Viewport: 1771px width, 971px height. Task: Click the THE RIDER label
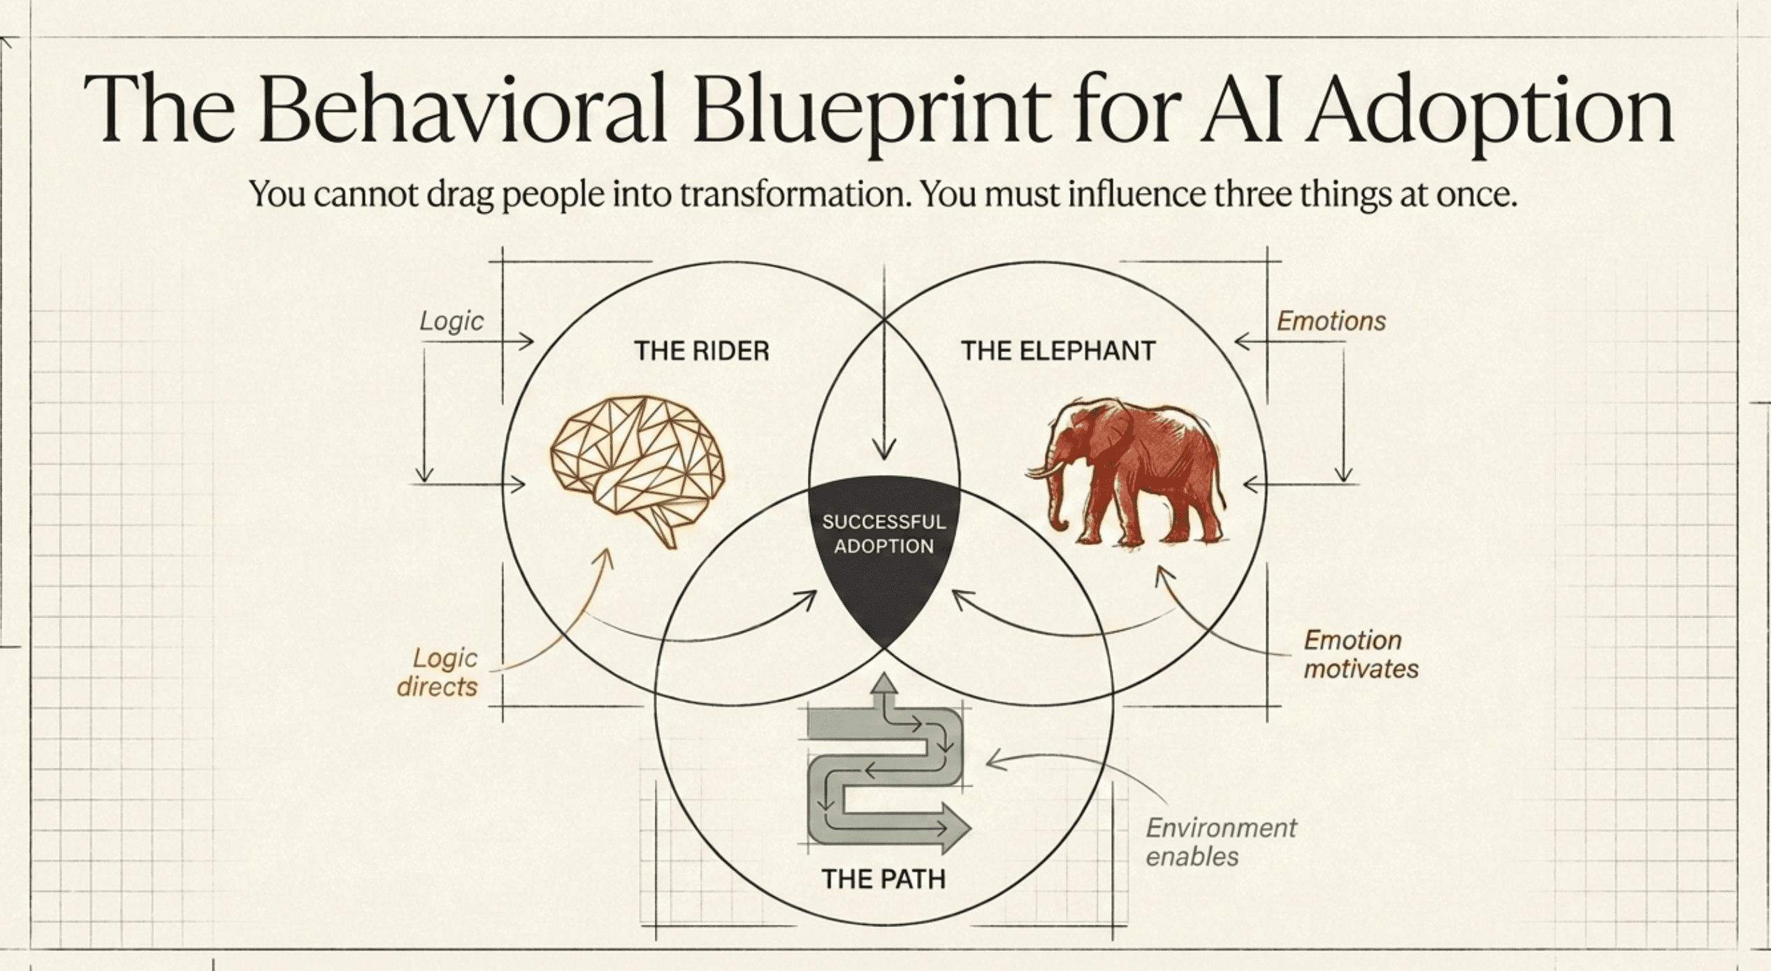(x=701, y=351)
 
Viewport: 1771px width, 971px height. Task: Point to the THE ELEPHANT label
(x=1058, y=351)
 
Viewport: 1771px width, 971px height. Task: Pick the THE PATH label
(x=883, y=879)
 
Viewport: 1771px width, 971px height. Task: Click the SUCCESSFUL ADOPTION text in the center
(x=884, y=534)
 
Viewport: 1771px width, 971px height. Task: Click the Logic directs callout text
(x=438, y=672)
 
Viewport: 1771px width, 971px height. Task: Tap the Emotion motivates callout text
(x=1361, y=655)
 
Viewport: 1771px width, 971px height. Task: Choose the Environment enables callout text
(x=1221, y=842)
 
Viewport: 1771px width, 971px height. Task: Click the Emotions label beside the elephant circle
(x=1331, y=321)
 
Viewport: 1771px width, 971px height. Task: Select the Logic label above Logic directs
(x=451, y=321)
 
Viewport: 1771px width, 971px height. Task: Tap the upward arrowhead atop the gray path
(x=885, y=682)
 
